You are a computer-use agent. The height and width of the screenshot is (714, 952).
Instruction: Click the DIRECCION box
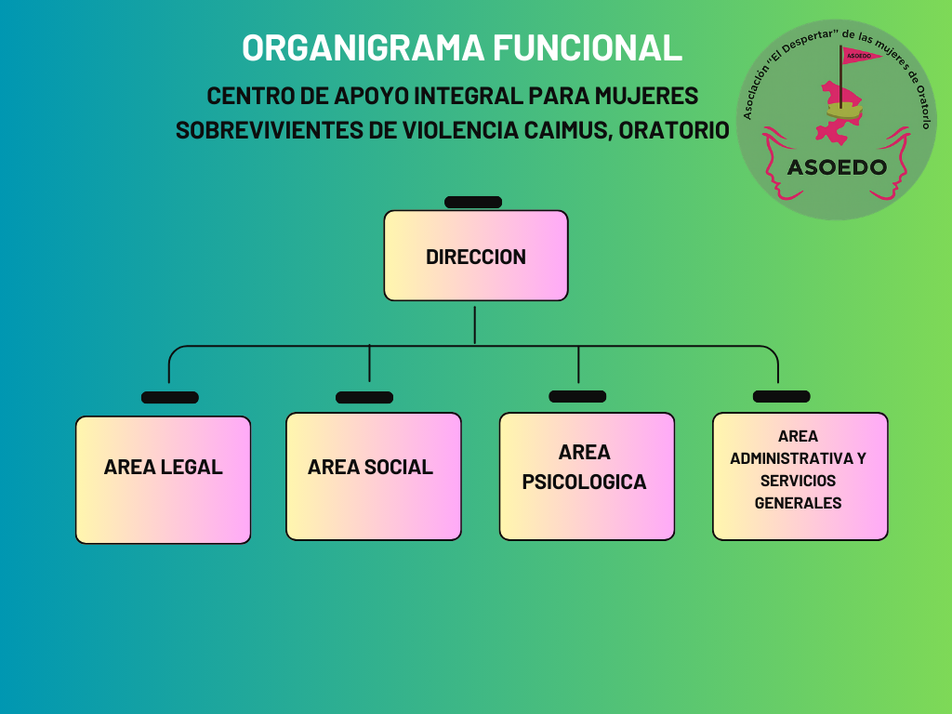[475, 256]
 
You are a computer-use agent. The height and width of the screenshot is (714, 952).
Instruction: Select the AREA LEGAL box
[163, 479]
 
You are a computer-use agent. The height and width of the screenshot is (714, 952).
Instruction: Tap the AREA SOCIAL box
[373, 476]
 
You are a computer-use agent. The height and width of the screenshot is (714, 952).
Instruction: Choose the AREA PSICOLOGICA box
[586, 475]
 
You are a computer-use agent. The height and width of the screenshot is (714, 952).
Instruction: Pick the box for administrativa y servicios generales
[800, 475]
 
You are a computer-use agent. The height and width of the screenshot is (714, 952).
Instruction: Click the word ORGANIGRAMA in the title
[364, 47]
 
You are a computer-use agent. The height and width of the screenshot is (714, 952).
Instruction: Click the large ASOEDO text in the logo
[836, 168]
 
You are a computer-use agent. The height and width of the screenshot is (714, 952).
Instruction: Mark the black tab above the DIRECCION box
[472, 202]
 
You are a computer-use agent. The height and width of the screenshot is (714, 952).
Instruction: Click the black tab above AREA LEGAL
[169, 397]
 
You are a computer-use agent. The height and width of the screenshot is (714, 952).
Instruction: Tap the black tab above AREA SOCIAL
[364, 397]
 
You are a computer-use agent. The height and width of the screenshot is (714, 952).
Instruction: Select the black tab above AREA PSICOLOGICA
[577, 396]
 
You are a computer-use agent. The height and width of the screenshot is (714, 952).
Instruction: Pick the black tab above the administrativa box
[781, 396]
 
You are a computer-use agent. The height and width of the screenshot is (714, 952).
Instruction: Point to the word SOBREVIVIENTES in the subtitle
[270, 129]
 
